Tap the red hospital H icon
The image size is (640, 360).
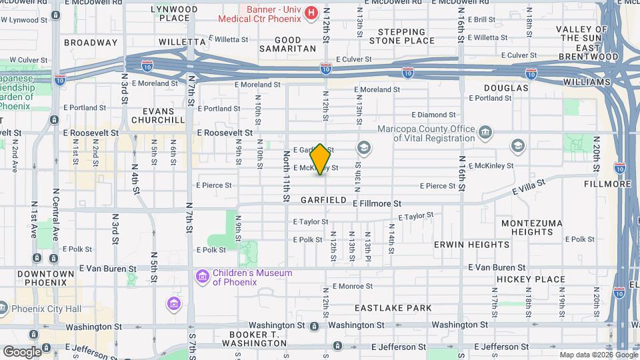click(x=311, y=13)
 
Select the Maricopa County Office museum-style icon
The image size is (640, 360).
click(x=485, y=131)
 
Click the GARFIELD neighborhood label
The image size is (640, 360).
click(x=323, y=200)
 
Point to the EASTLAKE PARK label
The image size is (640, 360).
click(x=393, y=308)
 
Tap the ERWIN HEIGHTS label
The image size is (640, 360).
click(x=471, y=245)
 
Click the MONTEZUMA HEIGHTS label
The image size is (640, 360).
click(x=531, y=227)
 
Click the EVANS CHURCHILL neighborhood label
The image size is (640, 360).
click(x=158, y=115)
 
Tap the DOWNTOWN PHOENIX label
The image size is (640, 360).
click(x=46, y=278)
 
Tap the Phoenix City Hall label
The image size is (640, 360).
click(x=45, y=309)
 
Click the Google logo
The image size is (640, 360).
click(x=22, y=352)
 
